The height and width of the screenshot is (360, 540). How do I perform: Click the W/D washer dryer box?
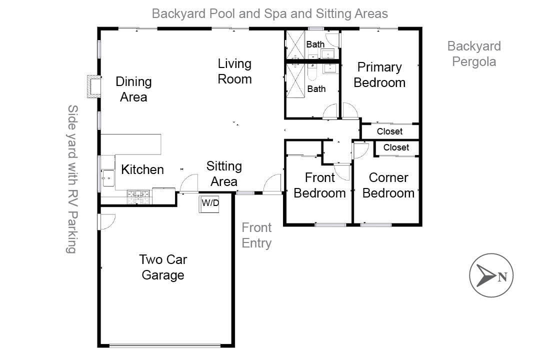209,203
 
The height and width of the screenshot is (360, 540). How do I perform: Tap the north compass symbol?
491,275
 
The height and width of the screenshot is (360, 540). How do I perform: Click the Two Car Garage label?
163,267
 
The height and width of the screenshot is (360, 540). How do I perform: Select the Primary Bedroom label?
379,74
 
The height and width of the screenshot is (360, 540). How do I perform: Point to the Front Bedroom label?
319,185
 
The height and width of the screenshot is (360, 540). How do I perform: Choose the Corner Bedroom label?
388,185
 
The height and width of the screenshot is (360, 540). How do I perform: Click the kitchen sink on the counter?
108,178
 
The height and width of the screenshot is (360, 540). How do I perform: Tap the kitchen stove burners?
139,196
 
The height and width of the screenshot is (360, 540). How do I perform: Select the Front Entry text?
256,235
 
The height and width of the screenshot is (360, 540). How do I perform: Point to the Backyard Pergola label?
473,54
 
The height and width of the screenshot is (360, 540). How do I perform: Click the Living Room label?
234,71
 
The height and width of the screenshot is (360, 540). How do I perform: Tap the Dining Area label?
133,89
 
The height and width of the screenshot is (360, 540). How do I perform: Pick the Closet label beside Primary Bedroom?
389,131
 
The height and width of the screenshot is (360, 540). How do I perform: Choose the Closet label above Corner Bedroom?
396,147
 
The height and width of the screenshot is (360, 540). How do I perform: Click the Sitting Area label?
224,173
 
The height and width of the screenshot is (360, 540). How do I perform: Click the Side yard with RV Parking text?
72,178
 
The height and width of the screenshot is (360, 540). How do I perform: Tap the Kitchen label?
142,169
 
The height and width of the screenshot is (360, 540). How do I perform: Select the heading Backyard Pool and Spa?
269,13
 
